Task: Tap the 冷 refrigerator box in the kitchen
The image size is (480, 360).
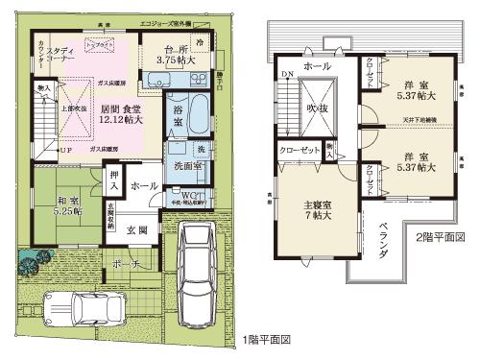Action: click(200, 44)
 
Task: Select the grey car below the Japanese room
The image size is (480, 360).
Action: click(93, 310)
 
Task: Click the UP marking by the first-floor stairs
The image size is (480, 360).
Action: click(64, 152)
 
